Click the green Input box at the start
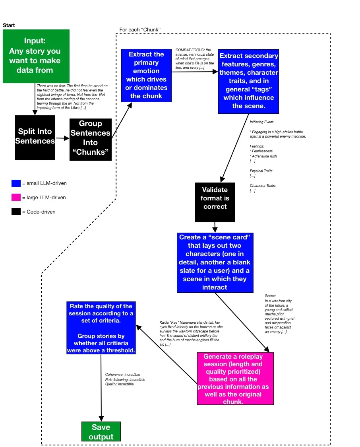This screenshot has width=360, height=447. coord(36,56)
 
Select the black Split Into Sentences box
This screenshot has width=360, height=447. coord(35,138)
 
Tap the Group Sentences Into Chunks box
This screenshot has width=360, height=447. coord(91,140)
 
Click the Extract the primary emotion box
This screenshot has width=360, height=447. coord(146,76)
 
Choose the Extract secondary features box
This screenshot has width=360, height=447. coord(249,82)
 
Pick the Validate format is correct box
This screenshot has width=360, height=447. coord(215,202)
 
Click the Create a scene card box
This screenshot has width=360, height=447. coord(215,262)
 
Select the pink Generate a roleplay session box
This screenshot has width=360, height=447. coord(236,379)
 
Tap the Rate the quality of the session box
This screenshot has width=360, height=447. coord(101,328)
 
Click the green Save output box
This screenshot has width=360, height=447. coord(101,431)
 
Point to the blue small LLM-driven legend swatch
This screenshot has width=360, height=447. coord(16,183)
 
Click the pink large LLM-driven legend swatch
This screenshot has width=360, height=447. coord(16,197)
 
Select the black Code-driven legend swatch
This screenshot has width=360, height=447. coord(16,212)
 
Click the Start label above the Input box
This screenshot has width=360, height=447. coord(9,25)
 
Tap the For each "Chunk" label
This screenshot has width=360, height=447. coord(140,30)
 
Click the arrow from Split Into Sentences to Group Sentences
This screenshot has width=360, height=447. coord(62,138)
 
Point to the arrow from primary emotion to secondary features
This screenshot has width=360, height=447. coord(195,72)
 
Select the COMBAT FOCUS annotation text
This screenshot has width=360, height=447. coord(195,59)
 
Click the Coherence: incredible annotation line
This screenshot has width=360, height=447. coord(122,375)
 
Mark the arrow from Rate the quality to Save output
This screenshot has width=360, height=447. coord(101,388)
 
